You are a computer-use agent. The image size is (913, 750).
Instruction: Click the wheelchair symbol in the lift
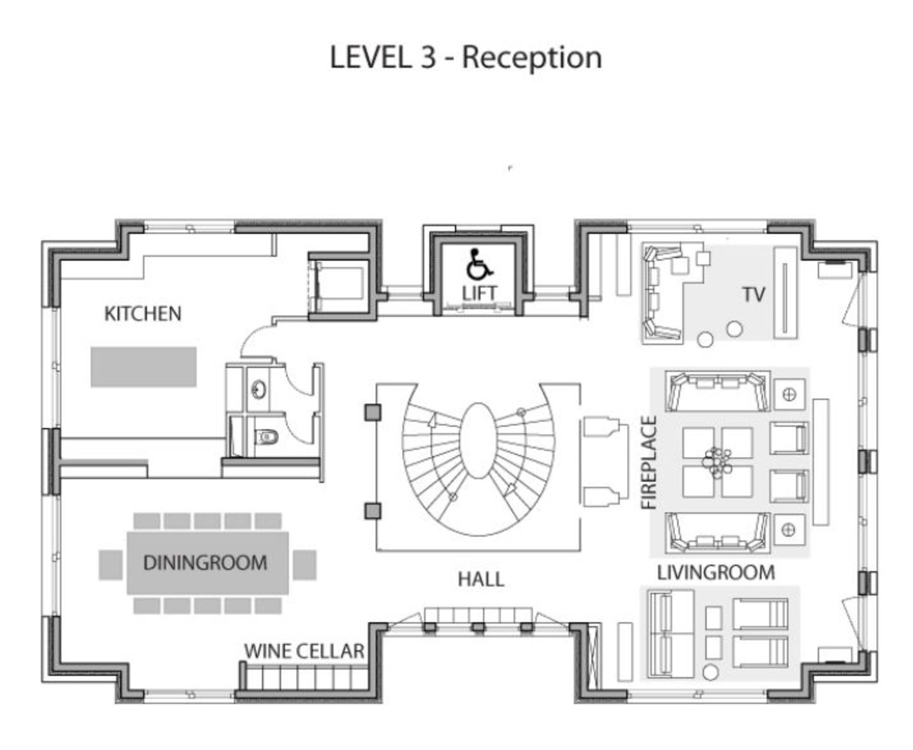[479, 264]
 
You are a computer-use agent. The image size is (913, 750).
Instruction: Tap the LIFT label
[479, 294]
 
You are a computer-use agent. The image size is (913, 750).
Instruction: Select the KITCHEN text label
[143, 314]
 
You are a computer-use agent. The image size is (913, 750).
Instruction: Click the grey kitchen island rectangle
[143, 366]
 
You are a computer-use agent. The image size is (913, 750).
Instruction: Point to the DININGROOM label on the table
[205, 562]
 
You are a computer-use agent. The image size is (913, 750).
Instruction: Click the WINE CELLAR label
[304, 651]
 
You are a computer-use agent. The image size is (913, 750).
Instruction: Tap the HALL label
[481, 579]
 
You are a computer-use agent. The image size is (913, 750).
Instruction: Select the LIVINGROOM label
[716, 572]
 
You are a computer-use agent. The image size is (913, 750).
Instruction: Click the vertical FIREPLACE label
[649, 463]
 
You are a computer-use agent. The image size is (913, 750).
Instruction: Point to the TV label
[754, 295]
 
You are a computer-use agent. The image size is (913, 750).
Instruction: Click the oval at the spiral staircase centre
[478, 441]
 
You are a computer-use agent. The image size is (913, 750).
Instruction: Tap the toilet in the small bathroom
[266, 437]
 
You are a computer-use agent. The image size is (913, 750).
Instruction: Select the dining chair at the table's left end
[111, 565]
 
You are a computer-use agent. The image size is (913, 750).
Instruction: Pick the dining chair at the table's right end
[305, 565]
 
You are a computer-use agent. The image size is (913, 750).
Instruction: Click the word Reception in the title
[532, 58]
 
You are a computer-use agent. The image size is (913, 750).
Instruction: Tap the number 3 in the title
[427, 57]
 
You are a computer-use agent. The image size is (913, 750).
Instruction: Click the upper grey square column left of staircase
[373, 413]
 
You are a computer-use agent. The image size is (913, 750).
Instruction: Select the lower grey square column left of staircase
[373, 511]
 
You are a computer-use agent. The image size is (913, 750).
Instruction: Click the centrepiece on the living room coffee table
[717, 463]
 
